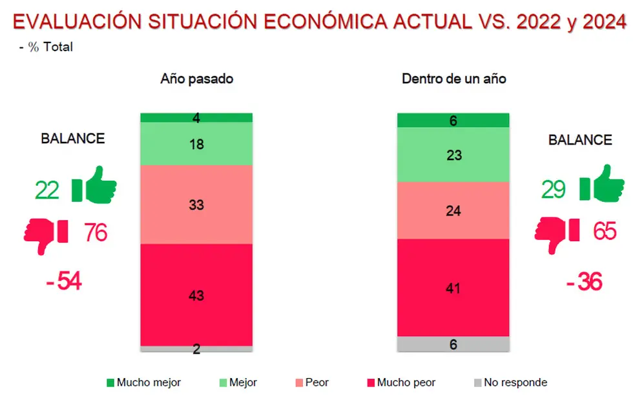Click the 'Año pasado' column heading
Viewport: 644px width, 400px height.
[197, 79]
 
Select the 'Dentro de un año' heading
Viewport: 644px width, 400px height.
[454, 79]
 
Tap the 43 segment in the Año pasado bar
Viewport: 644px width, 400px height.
[196, 295]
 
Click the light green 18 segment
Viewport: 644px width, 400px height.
[196, 144]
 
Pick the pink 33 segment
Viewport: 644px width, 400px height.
[196, 205]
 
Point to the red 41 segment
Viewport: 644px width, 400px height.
[453, 288]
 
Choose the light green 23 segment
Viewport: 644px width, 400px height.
[453, 155]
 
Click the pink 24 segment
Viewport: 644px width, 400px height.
[453, 210]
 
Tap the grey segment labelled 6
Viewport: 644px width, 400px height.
[453, 345]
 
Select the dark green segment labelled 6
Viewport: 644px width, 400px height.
[453, 120]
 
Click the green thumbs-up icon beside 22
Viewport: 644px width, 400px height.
[94, 185]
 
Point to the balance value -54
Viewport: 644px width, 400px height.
[64, 281]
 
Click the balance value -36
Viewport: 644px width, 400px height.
[584, 282]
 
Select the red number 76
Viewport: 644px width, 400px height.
[96, 232]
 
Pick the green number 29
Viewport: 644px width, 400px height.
[553, 189]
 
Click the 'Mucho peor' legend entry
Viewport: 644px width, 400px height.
[401, 383]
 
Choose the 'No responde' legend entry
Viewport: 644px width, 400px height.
[510, 383]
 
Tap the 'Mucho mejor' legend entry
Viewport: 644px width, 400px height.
[144, 383]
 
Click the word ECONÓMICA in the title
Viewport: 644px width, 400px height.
[326, 22]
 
